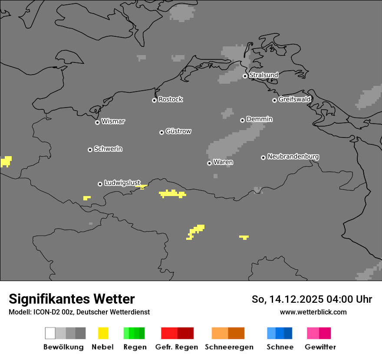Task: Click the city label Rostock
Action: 171,99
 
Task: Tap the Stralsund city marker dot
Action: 245,76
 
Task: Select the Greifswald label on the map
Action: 295,99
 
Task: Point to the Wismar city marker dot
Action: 97,122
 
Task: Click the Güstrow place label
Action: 178,131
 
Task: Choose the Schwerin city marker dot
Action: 90,150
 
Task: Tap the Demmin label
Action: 259,119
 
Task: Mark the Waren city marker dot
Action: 209,163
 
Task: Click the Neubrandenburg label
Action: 293,157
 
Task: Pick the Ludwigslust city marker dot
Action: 100,184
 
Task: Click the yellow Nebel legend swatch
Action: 103,333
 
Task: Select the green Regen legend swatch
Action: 134,333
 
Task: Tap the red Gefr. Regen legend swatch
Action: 177,333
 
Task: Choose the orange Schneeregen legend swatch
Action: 228,333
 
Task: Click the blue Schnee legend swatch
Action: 280,333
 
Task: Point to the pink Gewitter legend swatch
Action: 319,333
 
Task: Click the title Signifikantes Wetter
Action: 72,299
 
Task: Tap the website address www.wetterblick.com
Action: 313,312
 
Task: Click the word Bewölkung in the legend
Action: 63,347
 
